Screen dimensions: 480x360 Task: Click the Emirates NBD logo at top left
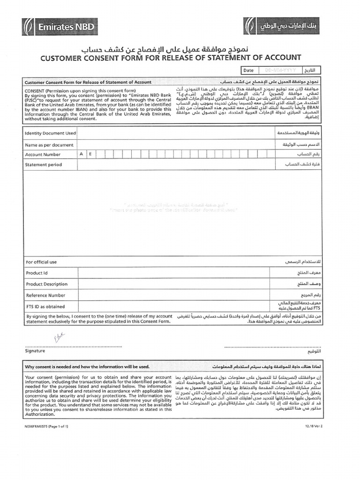(x=59, y=26)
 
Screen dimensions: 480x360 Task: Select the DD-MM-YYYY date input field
(x=281, y=70)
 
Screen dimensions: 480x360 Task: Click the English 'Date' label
(x=248, y=70)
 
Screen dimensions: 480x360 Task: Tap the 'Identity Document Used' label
(x=50, y=133)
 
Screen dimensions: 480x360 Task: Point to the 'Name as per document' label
(x=49, y=145)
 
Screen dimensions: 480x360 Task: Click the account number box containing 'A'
(x=82, y=154)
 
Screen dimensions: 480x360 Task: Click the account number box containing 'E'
(x=91, y=154)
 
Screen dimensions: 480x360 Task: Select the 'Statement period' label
(x=44, y=165)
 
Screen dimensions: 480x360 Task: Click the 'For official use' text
(x=41, y=262)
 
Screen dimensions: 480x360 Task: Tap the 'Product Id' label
(x=37, y=273)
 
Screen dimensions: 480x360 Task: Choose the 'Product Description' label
(x=47, y=284)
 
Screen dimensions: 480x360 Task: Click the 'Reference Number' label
(x=45, y=295)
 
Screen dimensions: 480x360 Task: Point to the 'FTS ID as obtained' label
(x=45, y=307)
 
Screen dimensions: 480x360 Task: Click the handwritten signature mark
(x=60, y=336)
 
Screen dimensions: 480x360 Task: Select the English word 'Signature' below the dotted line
(x=35, y=351)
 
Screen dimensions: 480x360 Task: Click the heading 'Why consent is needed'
(x=87, y=367)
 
